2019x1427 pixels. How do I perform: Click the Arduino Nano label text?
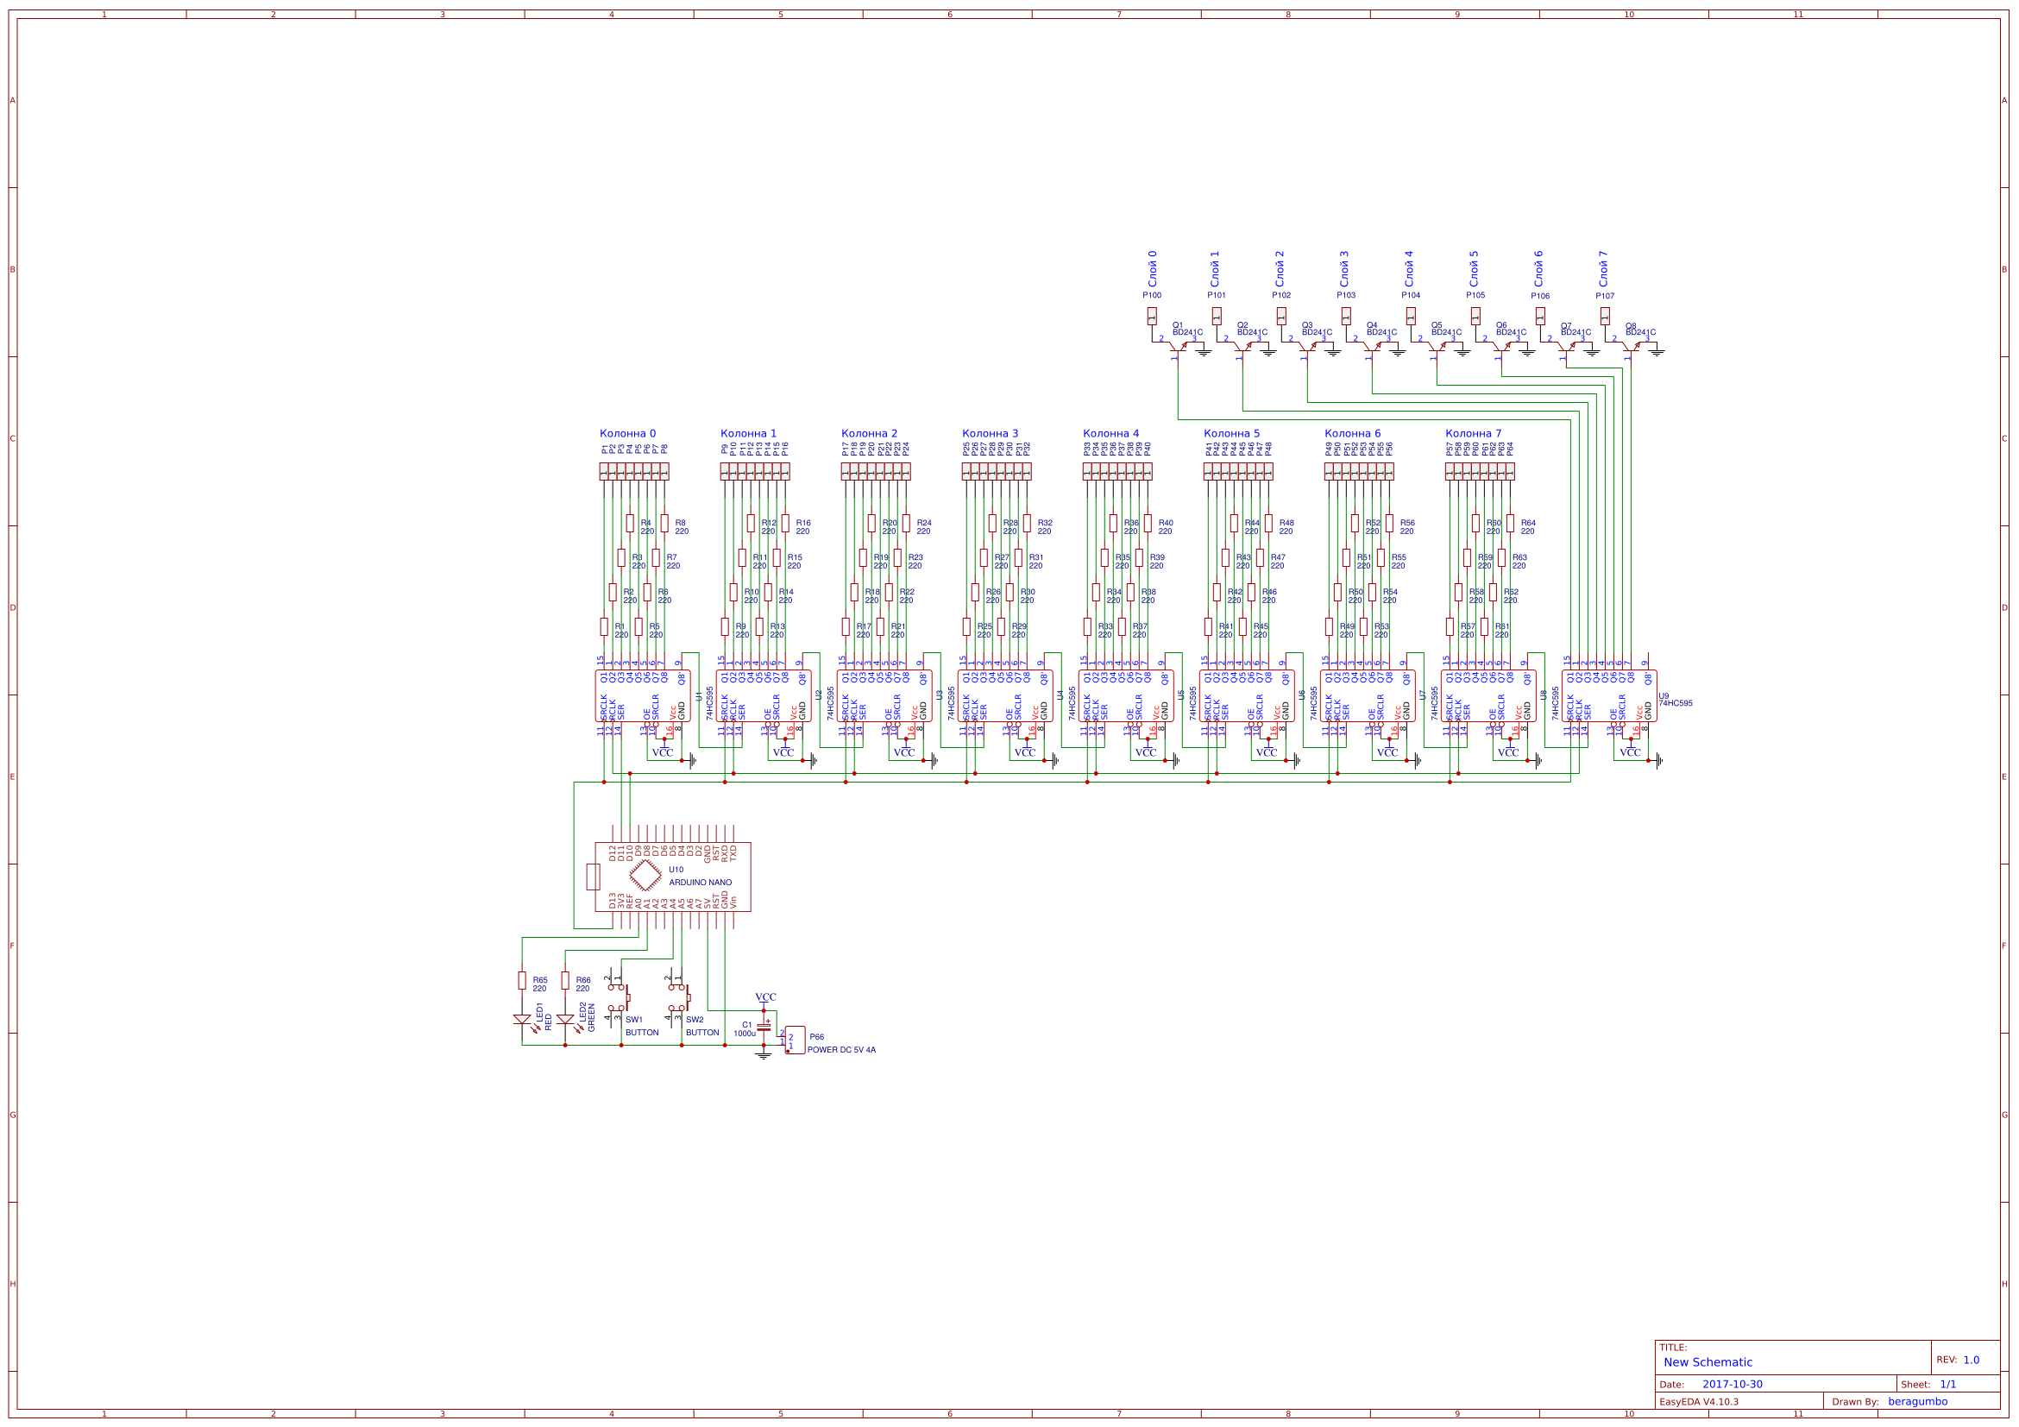pos(700,882)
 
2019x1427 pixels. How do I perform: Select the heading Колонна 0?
pos(627,433)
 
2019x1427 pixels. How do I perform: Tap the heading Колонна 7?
pos(1473,433)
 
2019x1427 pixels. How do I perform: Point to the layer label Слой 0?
pos(1152,268)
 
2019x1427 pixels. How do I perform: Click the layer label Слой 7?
pos(1602,268)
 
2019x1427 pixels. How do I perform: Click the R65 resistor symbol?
pos(521,980)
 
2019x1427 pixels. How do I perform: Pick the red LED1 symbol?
pos(521,1020)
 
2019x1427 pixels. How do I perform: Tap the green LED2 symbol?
pos(564,1020)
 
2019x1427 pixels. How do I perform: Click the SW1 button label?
pos(634,1020)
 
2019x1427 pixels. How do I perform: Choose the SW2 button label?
pos(695,1020)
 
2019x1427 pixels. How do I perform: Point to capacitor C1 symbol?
pos(764,1027)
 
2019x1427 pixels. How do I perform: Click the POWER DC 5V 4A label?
pos(840,1050)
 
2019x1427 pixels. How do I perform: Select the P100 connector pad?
pos(1152,316)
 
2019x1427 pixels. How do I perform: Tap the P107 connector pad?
pos(1605,316)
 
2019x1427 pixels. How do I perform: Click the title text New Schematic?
pos(1708,1362)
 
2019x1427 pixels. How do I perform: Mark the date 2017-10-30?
pos(1733,1384)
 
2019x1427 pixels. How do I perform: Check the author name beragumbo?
pos(1917,1401)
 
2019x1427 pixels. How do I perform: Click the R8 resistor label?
pos(681,523)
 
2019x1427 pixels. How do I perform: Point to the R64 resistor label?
pos(1527,523)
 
